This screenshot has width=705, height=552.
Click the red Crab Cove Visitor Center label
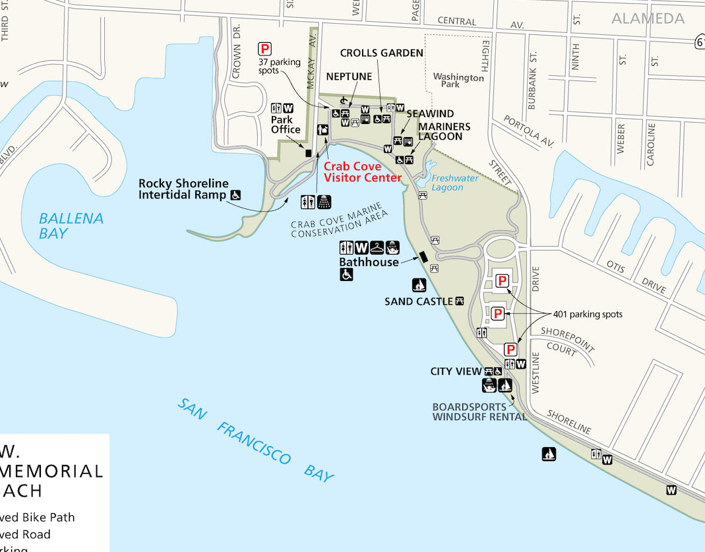tap(362, 172)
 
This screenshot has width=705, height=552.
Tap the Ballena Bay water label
tap(71, 225)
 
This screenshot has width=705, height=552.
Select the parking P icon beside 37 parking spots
tap(264, 48)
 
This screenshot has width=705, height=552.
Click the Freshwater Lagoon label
tap(454, 183)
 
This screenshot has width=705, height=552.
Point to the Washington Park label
tap(458, 80)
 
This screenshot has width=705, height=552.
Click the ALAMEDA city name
tap(648, 18)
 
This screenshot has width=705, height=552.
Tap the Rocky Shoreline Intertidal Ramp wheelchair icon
tap(235, 195)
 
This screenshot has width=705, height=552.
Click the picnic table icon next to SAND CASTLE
tap(460, 301)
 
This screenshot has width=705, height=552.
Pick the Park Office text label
tap(286, 125)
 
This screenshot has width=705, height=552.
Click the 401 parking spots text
tap(587, 315)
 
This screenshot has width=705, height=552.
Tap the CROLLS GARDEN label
tap(381, 53)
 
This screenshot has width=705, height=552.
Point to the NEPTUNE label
tap(349, 77)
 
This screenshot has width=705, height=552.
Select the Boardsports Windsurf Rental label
tap(479, 412)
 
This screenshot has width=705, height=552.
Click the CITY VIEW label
tap(456, 371)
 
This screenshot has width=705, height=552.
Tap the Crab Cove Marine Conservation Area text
tap(338, 224)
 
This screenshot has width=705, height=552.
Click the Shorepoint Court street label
tap(567, 341)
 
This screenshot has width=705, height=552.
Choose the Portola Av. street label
tap(528, 131)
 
